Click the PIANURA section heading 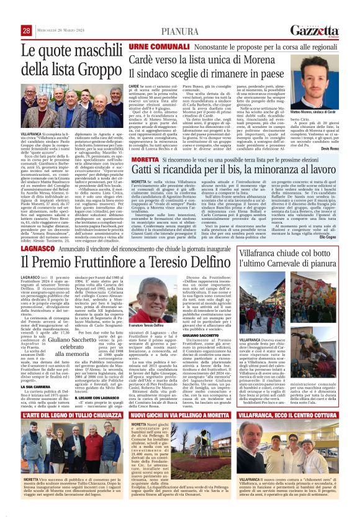coord(181,31)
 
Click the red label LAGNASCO coord(38,247)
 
